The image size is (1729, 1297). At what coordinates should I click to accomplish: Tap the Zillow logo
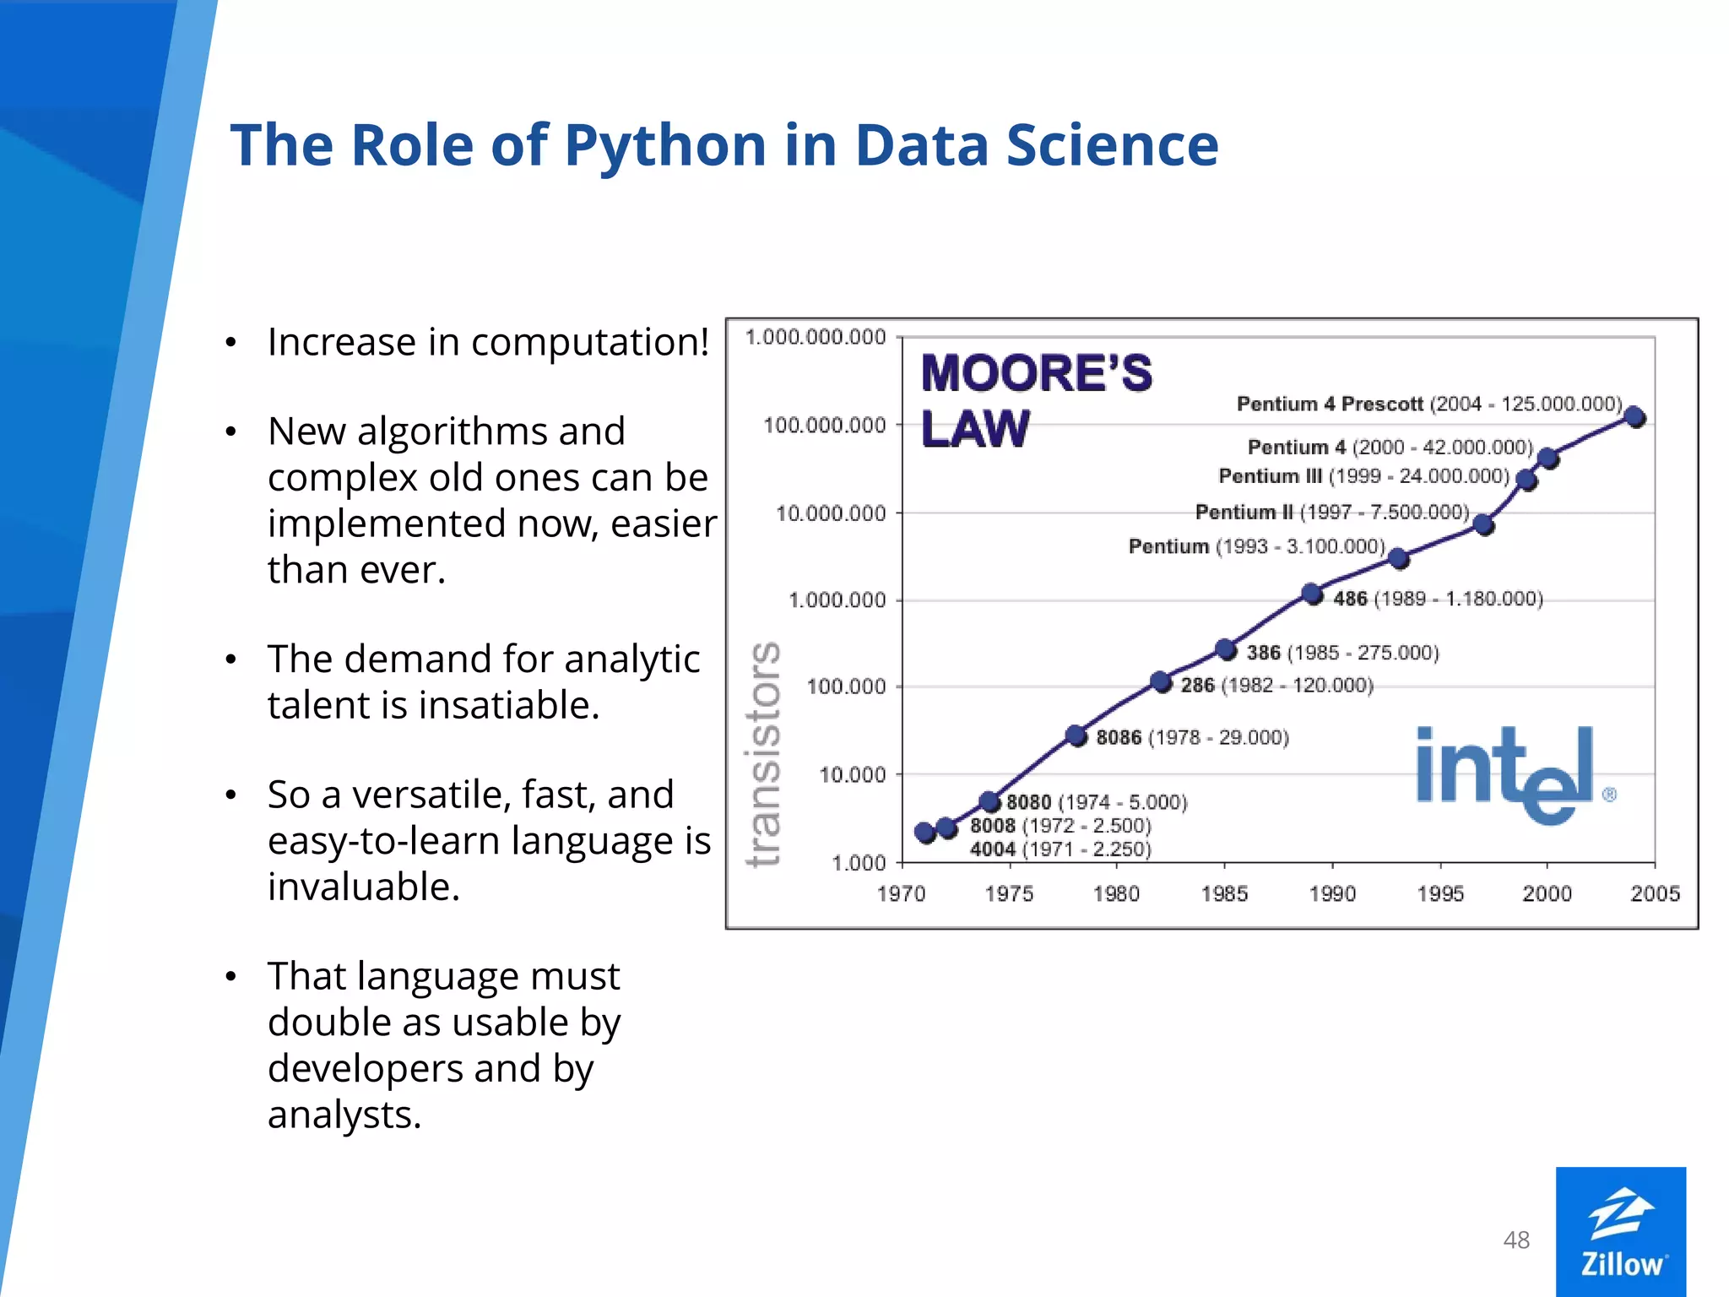click(x=1620, y=1231)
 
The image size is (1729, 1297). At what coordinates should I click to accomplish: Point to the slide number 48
click(x=1516, y=1240)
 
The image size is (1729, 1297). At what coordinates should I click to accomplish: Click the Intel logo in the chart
click(x=1508, y=773)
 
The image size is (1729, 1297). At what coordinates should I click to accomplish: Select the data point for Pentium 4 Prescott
click(x=1634, y=416)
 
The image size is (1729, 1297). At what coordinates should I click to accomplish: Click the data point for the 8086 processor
click(x=1076, y=735)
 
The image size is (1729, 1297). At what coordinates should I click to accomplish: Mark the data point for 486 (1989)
click(x=1311, y=594)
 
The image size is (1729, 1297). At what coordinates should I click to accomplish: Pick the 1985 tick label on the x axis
click(x=1224, y=893)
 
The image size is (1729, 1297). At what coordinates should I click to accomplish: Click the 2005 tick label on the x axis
click(x=1655, y=893)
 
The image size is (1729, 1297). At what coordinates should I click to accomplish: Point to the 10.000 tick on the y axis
click(x=852, y=774)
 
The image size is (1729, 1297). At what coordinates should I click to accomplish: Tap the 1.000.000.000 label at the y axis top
click(x=816, y=337)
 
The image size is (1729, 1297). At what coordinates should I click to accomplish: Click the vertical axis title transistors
click(x=763, y=754)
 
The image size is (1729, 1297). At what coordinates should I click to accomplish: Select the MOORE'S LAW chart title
click(x=1036, y=400)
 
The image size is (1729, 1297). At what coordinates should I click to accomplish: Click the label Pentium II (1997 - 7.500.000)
click(x=1331, y=512)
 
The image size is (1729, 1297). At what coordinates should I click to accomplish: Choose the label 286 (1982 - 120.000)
click(x=1276, y=685)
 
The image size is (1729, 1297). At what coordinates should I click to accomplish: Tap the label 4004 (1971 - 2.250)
click(x=1060, y=849)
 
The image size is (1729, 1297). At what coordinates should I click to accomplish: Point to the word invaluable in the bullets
click(x=364, y=887)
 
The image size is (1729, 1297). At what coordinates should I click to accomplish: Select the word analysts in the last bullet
click(x=344, y=1115)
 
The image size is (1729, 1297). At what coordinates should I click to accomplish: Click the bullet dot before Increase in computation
click(x=230, y=344)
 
